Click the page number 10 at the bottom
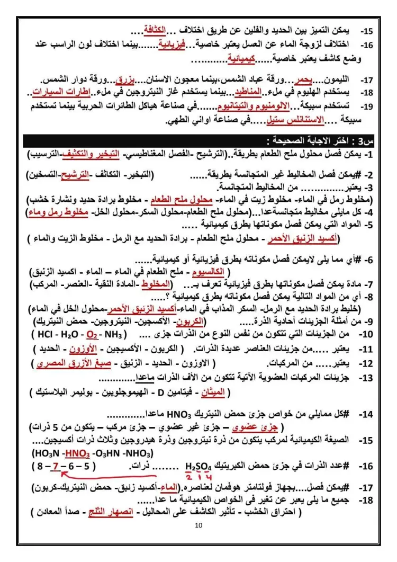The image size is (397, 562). pyautogui.click(x=198, y=525)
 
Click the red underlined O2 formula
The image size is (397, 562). pyautogui.click(x=92, y=335)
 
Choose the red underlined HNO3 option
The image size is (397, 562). pyautogui.click(x=77, y=454)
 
